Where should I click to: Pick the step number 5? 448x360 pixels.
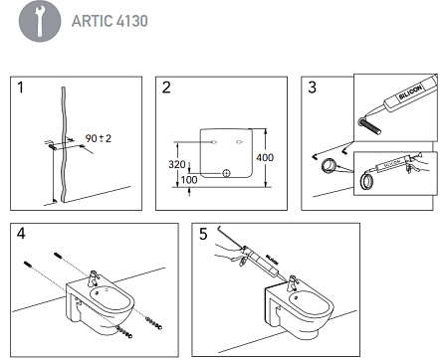[203, 236]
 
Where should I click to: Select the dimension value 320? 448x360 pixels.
[177, 164]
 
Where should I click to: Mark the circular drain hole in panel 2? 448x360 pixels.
[226, 174]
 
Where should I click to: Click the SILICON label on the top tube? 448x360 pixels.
[410, 90]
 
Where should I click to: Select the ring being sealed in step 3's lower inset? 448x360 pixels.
[366, 183]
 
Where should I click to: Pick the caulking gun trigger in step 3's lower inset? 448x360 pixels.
[418, 171]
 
